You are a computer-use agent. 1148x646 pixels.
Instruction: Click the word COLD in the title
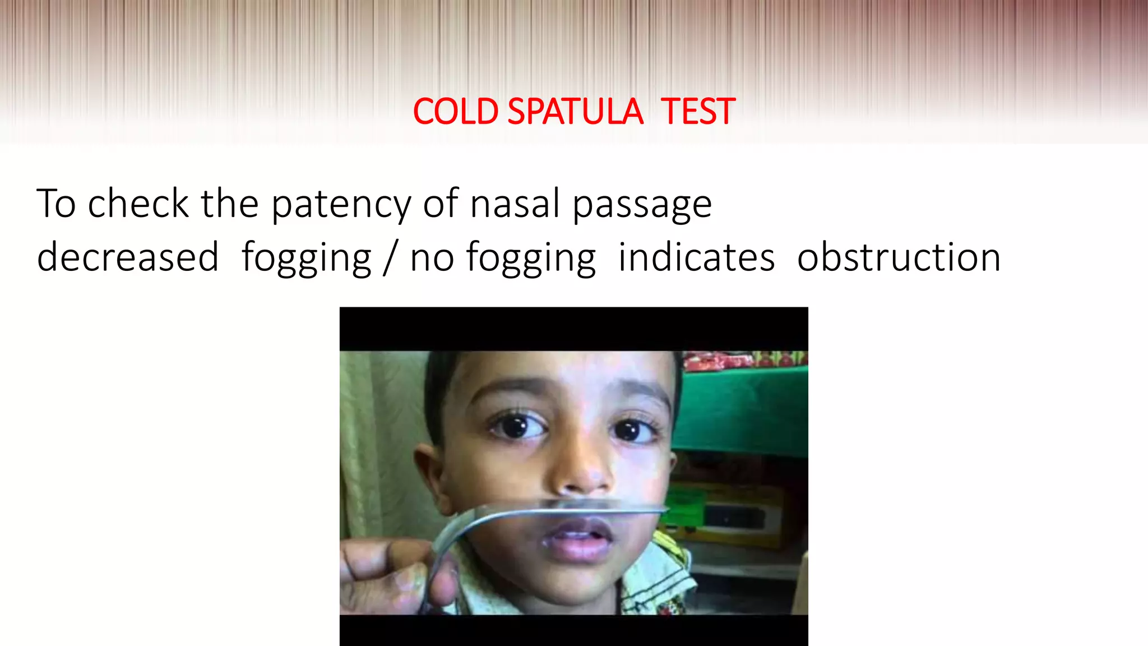point(455,112)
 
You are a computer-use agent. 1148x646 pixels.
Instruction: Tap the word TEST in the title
point(697,112)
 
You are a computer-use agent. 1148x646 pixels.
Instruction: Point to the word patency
point(341,205)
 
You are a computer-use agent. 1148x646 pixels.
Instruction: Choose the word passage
point(642,205)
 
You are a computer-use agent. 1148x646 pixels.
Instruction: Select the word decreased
point(128,257)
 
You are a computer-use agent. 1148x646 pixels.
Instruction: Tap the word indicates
point(696,257)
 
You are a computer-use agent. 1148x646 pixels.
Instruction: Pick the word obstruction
point(899,257)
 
